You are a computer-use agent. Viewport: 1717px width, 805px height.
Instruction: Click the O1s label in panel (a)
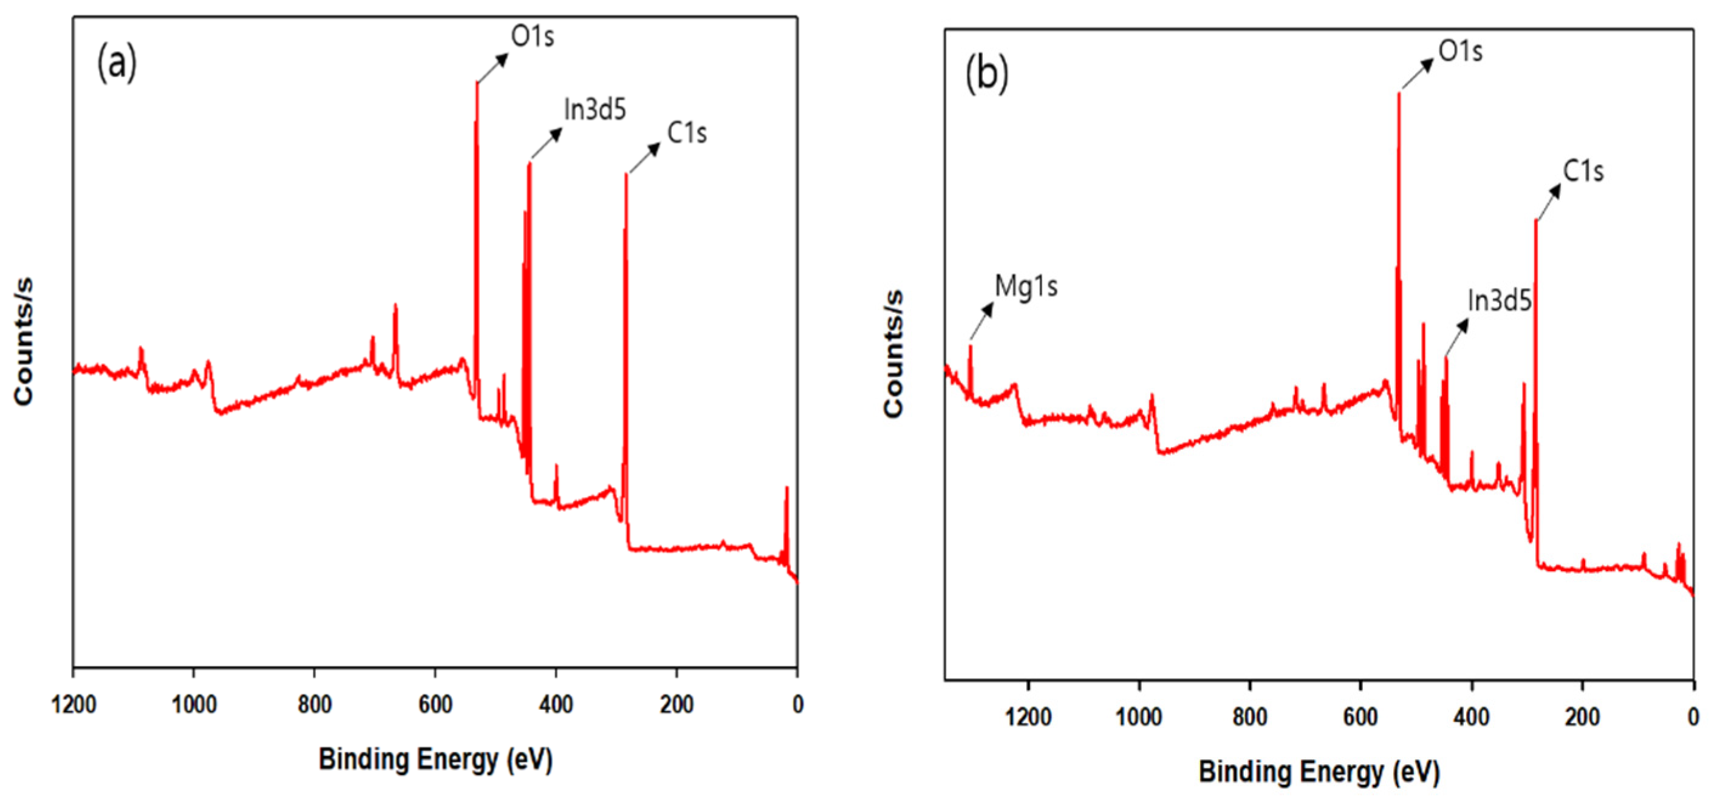point(532,36)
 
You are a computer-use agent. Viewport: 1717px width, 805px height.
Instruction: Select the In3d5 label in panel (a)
point(595,110)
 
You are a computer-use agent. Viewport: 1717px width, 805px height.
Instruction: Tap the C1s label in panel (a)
point(686,134)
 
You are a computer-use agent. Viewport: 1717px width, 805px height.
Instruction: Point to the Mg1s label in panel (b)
point(1025,287)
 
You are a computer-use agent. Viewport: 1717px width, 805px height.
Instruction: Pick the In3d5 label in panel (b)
point(1499,301)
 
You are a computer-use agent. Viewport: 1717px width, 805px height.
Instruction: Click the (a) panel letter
point(117,63)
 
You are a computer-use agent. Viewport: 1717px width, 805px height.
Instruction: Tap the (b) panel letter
point(986,74)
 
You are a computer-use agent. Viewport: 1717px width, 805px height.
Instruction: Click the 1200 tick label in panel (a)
point(74,704)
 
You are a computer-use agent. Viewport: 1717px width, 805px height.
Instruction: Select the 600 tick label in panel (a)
point(435,704)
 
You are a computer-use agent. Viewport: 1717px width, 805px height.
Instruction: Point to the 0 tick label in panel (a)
point(797,704)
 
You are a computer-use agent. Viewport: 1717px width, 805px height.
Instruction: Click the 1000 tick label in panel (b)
point(1138,717)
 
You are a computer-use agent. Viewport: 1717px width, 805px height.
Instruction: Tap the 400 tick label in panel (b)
point(1471,717)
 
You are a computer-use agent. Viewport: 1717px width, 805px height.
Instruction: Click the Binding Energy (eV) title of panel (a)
point(435,759)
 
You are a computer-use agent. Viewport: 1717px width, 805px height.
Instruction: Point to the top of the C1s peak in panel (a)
point(626,175)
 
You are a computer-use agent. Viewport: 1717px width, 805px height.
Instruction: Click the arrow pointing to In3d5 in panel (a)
point(547,143)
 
